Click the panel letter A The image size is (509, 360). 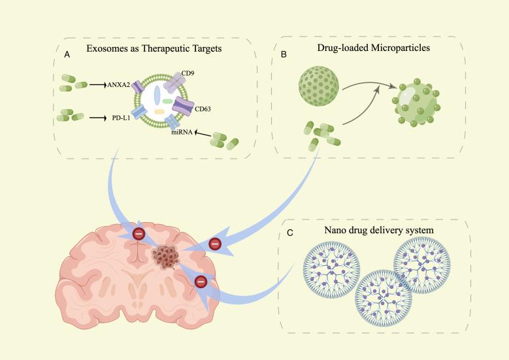(x=67, y=57)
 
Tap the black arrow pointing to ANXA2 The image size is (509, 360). (x=97, y=84)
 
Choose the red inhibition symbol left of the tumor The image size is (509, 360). (x=139, y=235)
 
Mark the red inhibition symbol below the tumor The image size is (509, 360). (x=201, y=282)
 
